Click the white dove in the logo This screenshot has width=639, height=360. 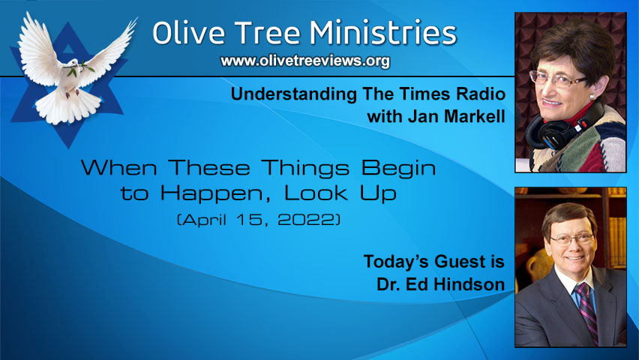pyautogui.click(x=72, y=67)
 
